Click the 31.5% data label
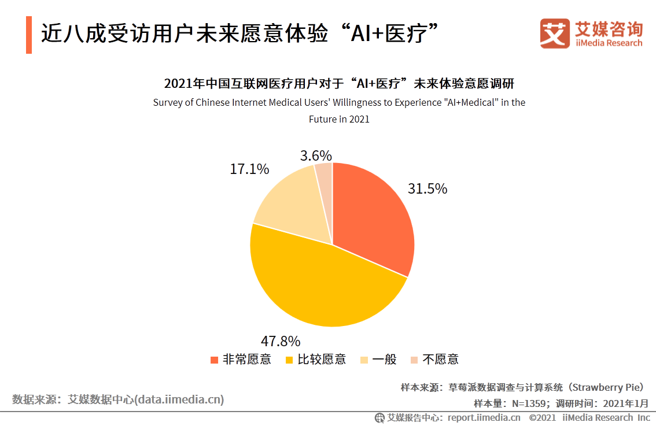[427, 189]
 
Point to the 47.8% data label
[281, 340]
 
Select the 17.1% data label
[249, 169]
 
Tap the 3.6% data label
[316, 155]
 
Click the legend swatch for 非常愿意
[215, 360]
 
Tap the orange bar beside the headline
[29, 35]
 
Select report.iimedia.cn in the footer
[484, 417]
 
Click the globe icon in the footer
[379, 417]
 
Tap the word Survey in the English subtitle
[167, 103]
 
